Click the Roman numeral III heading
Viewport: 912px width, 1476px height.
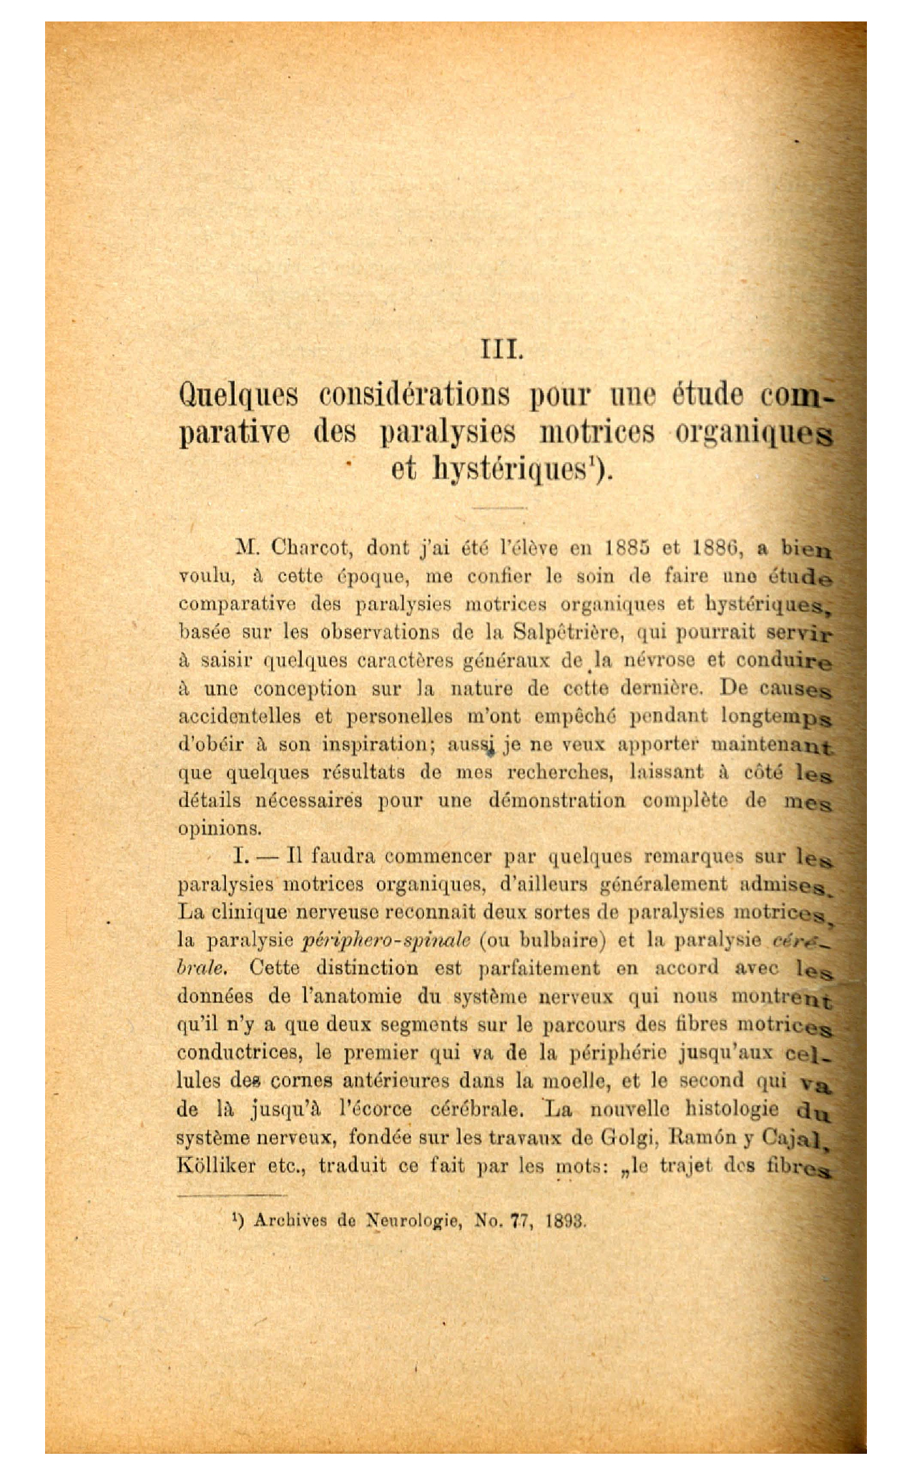pos(503,351)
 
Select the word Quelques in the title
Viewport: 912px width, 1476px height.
pos(238,396)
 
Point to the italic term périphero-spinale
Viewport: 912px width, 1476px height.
pos(386,940)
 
